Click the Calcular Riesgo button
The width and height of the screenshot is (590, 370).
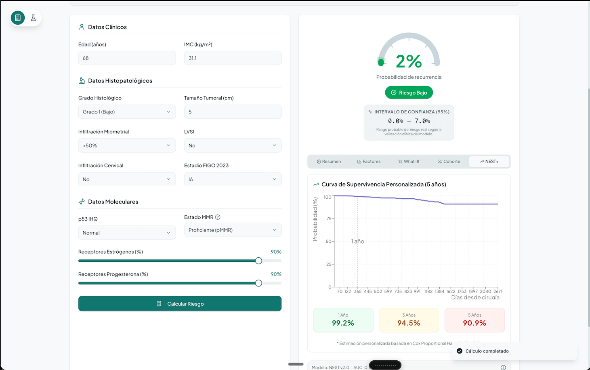180,304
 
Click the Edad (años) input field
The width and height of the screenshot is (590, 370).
127,58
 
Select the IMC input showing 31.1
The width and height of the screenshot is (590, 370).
233,58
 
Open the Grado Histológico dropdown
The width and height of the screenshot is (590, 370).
127,112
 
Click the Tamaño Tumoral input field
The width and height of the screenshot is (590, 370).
233,112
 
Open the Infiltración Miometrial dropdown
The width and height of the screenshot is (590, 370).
127,145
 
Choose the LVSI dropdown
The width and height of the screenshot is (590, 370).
233,145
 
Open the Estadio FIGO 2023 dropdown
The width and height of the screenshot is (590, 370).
233,179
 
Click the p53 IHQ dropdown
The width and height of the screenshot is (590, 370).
127,233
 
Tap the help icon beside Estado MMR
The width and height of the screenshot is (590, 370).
218,217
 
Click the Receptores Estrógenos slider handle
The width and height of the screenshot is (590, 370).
258,261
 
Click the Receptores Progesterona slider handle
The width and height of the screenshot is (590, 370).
258,283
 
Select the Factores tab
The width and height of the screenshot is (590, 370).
369,162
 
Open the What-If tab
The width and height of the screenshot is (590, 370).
409,162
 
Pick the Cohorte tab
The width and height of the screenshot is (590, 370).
449,162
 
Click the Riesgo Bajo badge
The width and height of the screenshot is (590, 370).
409,92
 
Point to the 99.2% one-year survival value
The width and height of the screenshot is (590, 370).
343,323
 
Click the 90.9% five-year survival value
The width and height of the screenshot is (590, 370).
475,323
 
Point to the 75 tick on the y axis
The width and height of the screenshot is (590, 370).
329,219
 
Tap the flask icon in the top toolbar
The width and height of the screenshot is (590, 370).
34,18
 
